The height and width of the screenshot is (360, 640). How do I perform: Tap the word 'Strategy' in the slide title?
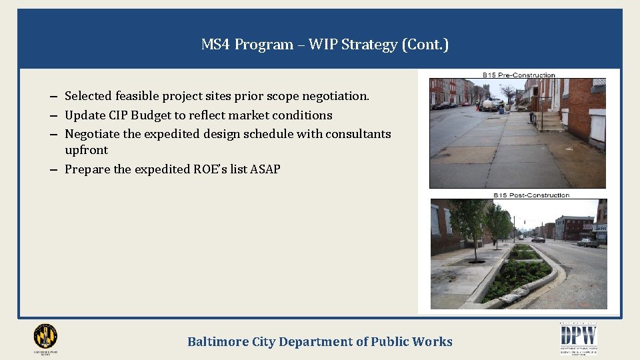coord(369,45)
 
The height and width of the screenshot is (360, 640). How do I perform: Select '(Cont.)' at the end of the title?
coord(425,45)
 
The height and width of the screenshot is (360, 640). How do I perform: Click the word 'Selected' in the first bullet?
coord(89,96)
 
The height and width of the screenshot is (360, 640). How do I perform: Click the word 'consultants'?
coord(358,133)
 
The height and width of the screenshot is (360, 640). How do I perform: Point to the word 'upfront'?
coord(86,150)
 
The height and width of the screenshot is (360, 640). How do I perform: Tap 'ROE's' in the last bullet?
coord(210,169)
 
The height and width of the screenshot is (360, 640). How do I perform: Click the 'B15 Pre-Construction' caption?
coord(519,75)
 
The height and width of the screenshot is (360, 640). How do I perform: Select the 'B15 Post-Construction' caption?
coord(531,195)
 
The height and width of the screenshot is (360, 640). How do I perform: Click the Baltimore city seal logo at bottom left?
coord(45,337)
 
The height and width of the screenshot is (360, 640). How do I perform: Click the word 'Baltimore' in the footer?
coord(218,342)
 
